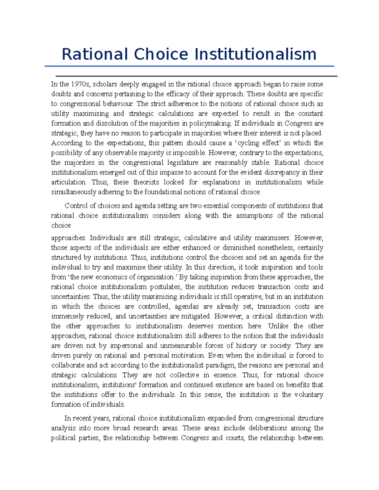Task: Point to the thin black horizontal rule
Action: coord(196,76)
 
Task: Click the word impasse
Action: coord(171,172)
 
